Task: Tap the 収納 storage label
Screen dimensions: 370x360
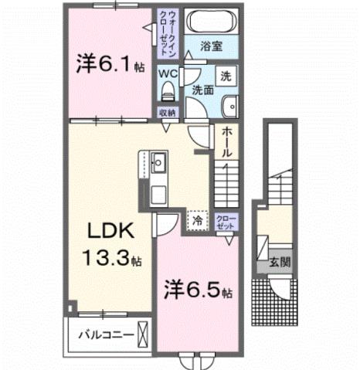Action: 168,113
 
